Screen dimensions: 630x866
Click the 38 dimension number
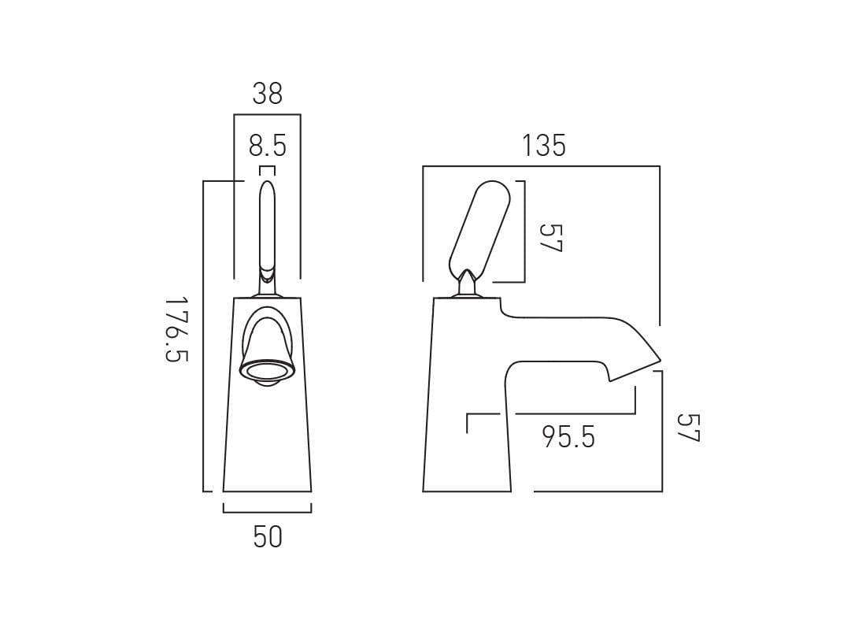[267, 94]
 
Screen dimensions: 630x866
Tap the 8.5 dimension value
[268, 146]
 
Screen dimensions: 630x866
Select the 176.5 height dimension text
[178, 329]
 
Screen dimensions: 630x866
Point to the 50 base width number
[268, 537]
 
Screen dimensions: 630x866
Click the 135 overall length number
[544, 146]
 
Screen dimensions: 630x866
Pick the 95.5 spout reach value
[568, 436]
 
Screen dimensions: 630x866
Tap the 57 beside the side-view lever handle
[550, 237]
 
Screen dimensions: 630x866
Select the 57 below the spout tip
[687, 428]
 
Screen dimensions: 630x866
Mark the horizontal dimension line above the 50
[268, 512]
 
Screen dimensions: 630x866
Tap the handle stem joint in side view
[468, 285]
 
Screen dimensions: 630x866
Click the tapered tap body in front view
[268, 441]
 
